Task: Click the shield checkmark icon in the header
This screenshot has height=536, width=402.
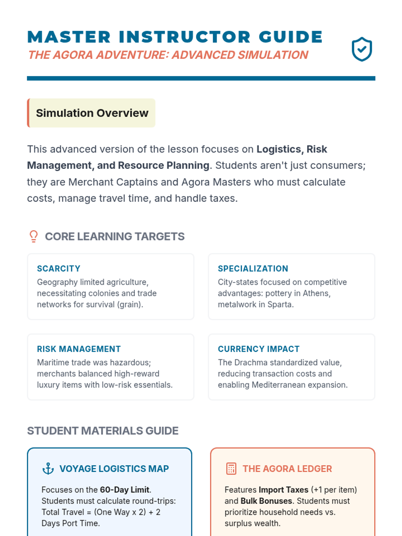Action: (x=362, y=49)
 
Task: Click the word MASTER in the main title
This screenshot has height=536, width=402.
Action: (x=69, y=37)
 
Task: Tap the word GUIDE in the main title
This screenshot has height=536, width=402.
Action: (x=291, y=37)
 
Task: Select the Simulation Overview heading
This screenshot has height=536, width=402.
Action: (x=92, y=113)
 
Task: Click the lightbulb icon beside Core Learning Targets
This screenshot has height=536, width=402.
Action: (x=33, y=236)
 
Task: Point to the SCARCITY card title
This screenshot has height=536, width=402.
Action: (x=59, y=269)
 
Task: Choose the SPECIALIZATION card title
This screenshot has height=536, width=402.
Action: (x=253, y=269)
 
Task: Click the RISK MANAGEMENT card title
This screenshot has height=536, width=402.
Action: (x=79, y=349)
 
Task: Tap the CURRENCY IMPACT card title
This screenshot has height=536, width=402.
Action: (x=259, y=349)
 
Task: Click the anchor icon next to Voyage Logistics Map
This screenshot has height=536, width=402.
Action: (x=48, y=469)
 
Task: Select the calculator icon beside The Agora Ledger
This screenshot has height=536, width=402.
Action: (x=231, y=469)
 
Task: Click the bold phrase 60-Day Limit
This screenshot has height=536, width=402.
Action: (x=125, y=490)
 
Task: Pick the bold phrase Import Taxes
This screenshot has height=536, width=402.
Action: (x=283, y=490)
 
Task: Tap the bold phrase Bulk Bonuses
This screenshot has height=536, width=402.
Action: (x=266, y=501)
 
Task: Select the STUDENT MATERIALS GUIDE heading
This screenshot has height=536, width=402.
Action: (x=103, y=430)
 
